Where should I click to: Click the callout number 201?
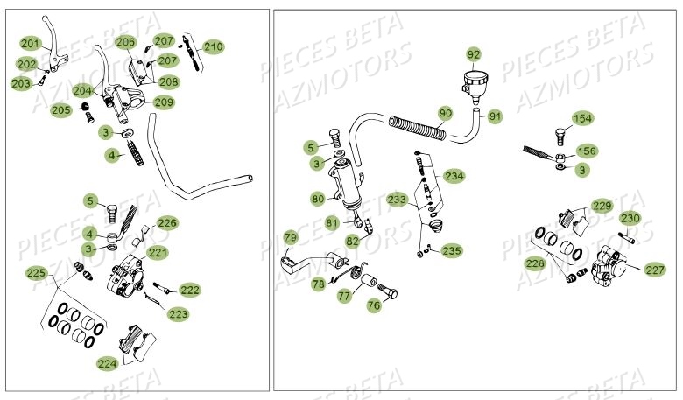(x=30, y=44)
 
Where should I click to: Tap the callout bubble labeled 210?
(x=213, y=46)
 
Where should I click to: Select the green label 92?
(x=473, y=54)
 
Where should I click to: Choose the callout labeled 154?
(x=582, y=118)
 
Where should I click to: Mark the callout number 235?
(x=452, y=250)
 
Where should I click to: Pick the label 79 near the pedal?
(x=290, y=236)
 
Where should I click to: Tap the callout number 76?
(x=374, y=305)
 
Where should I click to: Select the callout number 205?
(x=61, y=110)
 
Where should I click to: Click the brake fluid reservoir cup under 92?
(x=473, y=84)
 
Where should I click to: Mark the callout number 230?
(x=630, y=218)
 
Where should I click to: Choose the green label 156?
(x=586, y=151)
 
